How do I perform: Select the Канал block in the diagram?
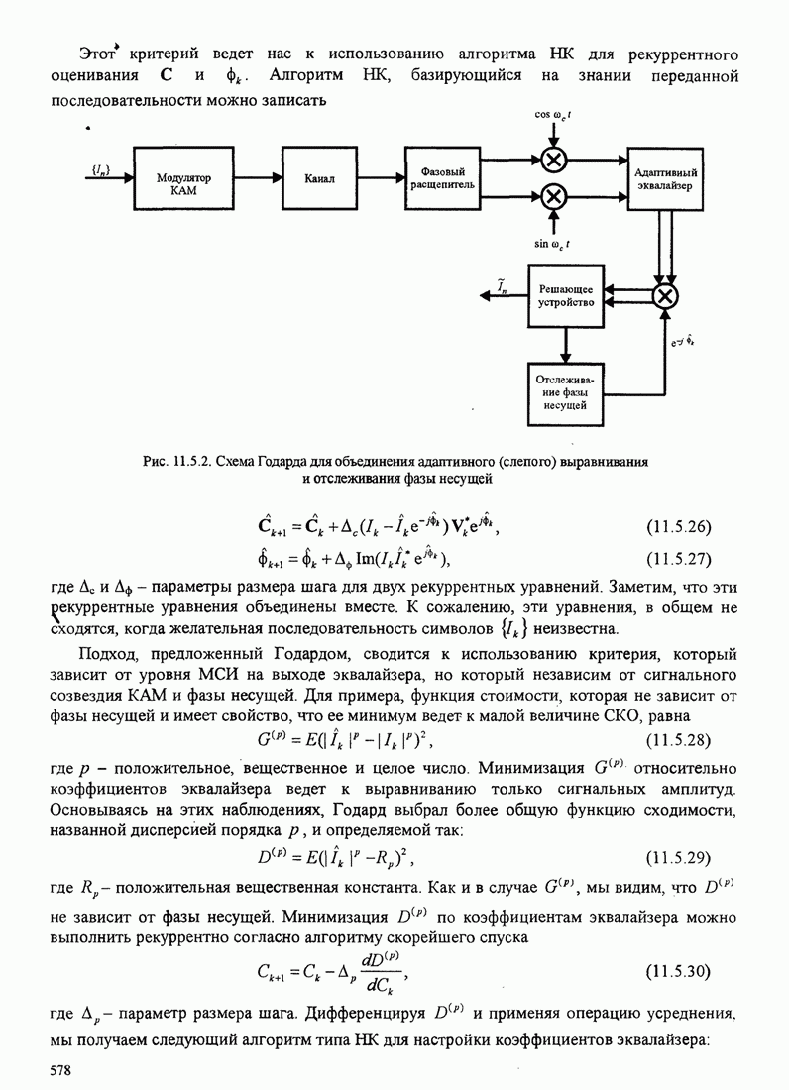point(320,178)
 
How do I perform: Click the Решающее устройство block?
point(565,295)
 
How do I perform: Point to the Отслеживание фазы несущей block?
point(565,391)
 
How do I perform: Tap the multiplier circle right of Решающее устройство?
point(666,295)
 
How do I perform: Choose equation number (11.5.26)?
point(678,525)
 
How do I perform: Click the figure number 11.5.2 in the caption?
point(193,462)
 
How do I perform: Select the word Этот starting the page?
point(98,52)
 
